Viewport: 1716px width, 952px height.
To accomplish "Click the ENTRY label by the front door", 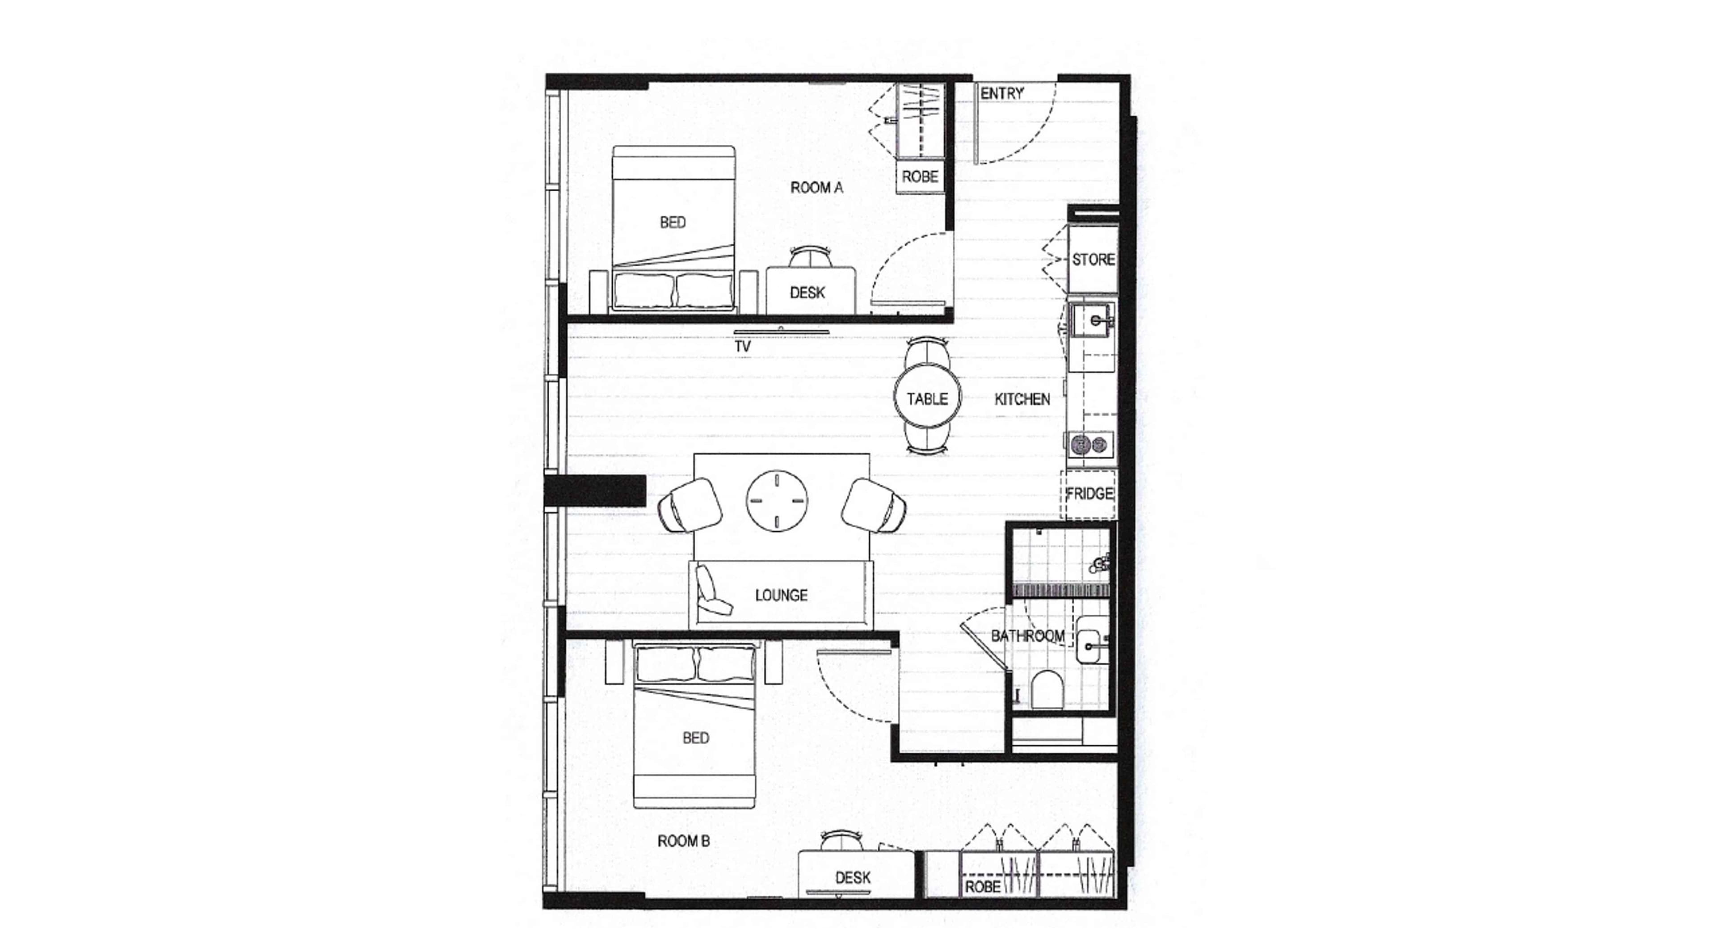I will click(x=1001, y=94).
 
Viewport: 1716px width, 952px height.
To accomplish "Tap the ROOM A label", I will click(x=816, y=188).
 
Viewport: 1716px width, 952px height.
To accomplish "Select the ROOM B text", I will click(x=683, y=841).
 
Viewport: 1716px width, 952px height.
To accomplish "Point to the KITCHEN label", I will click(x=1022, y=399).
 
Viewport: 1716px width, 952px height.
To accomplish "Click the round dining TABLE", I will click(x=927, y=398).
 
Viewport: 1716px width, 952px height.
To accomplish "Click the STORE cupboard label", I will click(x=1093, y=260).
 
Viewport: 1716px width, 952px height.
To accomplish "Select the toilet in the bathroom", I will click(x=1047, y=690).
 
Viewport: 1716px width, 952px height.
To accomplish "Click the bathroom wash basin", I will click(x=1089, y=641).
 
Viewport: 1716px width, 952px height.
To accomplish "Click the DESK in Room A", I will click(x=808, y=292).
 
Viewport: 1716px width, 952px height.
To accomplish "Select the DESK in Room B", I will click(x=853, y=877).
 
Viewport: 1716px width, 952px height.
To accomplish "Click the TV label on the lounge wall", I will click(x=743, y=347).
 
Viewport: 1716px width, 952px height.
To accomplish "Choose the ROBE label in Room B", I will click(x=983, y=887).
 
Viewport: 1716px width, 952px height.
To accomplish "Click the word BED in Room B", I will click(x=695, y=738).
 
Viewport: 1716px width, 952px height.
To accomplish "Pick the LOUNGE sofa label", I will click(x=781, y=595).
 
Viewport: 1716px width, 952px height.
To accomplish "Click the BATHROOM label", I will click(x=1027, y=636).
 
